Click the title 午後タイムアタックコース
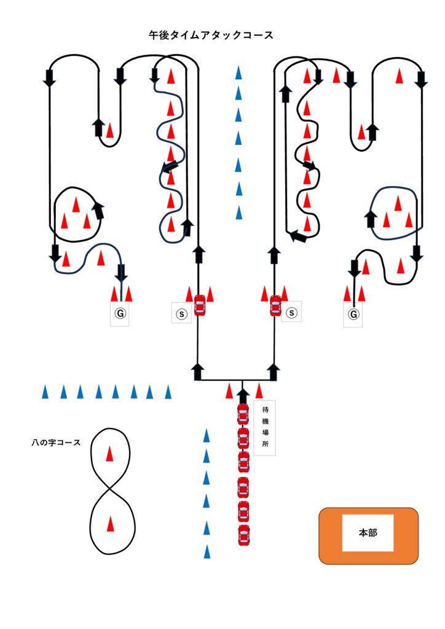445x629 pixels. [x=211, y=36]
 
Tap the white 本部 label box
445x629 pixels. [x=368, y=533]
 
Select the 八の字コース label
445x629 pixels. [x=56, y=442]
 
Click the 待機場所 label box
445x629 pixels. [x=265, y=428]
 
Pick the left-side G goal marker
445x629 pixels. [x=120, y=314]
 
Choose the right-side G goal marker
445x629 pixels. [x=353, y=314]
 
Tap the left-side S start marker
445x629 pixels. [x=181, y=313]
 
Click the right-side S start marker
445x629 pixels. [x=292, y=313]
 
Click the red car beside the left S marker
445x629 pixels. [x=199, y=305]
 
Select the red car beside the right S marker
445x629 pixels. [x=275, y=305]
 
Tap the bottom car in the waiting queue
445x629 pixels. [x=244, y=535]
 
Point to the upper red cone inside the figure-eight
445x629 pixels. [x=109, y=454]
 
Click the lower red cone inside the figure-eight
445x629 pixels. [x=110, y=524]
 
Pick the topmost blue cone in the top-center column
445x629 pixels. [x=238, y=73]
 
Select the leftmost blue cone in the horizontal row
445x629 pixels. [x=45, y=392]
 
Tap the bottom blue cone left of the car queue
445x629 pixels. [x=207, y=552]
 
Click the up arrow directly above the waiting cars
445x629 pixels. [x=243, y=395]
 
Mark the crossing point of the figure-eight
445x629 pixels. [x=111, y=490]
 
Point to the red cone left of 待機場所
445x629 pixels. [x=229, y=390]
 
